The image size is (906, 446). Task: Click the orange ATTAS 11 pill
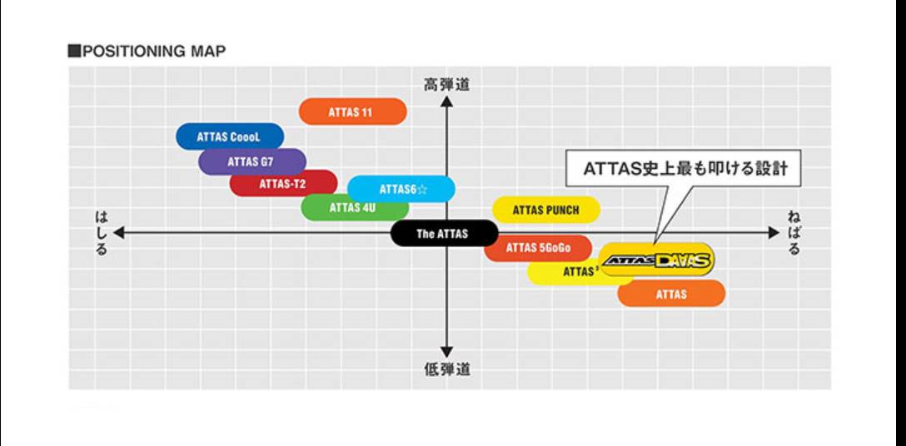(x=352, y=111)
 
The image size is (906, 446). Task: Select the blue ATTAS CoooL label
(x=229, y=137)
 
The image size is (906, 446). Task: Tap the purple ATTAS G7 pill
(x=252, y=161)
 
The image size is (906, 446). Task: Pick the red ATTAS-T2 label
(x=283, y=184)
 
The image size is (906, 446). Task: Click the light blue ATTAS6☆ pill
(x=401, y=188)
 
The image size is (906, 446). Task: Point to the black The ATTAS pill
(x=444, y=233)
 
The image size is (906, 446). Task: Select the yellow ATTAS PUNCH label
(x=546, y=211)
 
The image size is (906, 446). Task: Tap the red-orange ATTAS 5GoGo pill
(x=538, y=249)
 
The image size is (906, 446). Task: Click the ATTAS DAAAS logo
(x=656, y=260)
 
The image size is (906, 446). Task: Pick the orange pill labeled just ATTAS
(x=671, y=294)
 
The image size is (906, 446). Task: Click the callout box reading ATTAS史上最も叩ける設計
(x=683, y=169)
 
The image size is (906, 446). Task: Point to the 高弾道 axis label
(x=446, y=85)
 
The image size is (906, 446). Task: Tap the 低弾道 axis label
(x=446, y=369)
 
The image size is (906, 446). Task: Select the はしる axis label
(x=101, y=234)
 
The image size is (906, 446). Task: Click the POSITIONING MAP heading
(x=147, y=52)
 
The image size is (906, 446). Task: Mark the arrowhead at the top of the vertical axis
(x=446, y=102)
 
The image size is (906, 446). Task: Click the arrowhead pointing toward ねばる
(x=774, y=233)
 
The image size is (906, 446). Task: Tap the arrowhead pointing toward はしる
(x=118, y=233)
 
